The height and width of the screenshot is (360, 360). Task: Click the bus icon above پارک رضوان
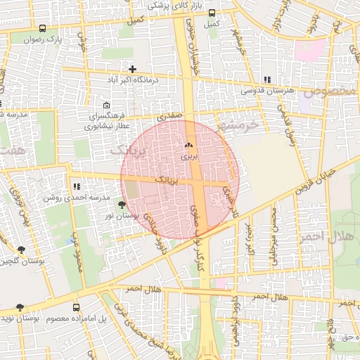point(43,29)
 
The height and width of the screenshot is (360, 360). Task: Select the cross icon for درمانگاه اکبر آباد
point(132,69)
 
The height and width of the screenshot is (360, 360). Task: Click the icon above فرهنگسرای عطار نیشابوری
point(106,105)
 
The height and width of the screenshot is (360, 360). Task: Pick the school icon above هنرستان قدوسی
point(266,80)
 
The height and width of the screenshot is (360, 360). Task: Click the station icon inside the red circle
point(187,146)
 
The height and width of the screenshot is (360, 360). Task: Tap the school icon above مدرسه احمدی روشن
point(77,187)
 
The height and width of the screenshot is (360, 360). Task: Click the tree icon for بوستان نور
point(122,205)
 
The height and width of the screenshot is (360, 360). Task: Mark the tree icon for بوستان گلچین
point(20,250)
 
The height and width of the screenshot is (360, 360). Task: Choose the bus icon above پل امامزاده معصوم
point(76,307)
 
